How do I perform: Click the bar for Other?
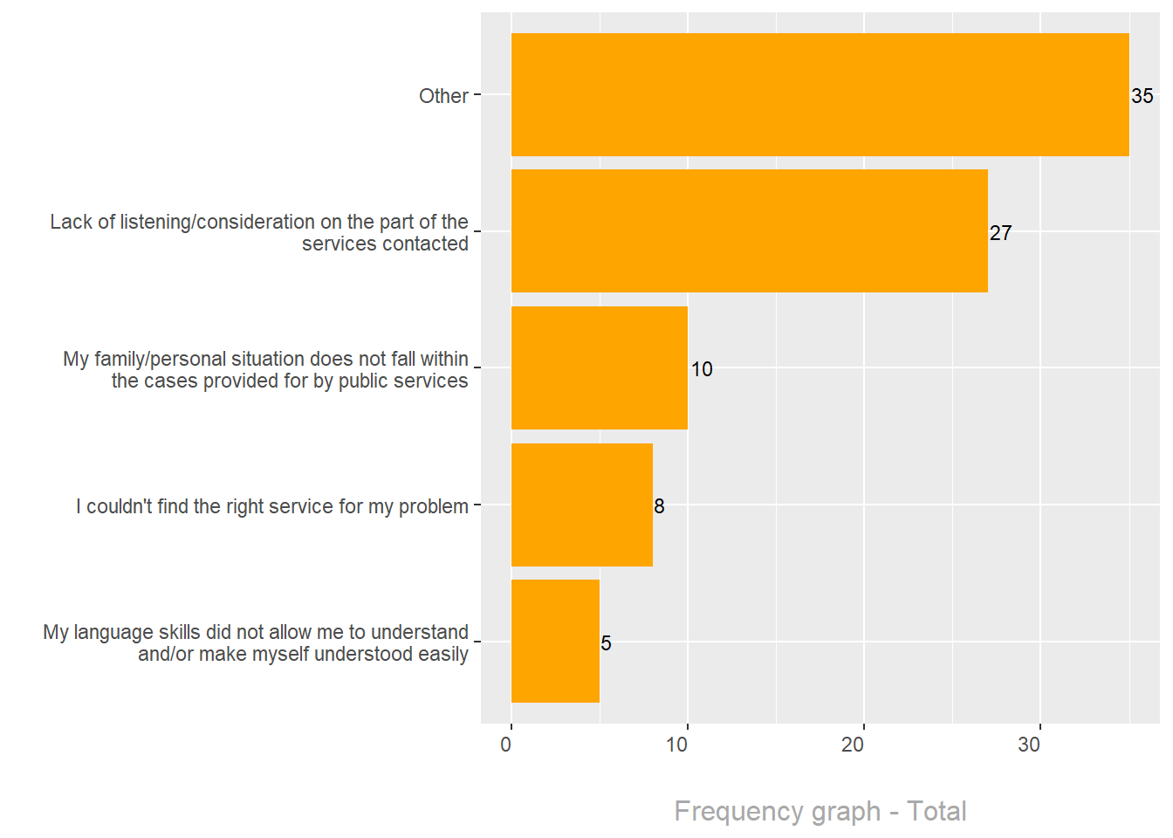click(820, 95)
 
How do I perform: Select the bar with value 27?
click(749, 231)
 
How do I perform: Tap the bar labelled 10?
click(599, 367)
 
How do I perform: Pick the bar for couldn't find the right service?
click(581, 505)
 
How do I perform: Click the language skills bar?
click(555, 642)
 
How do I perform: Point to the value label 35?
click(1142, 96)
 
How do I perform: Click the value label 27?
click(1000, 233)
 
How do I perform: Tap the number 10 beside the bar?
click(702, 369)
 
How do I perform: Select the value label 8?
click(659, 506)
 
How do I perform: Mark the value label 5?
click(606, 643)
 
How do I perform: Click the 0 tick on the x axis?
click(506, 745)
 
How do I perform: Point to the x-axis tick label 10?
click(676, 745)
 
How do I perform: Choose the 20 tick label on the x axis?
click(853, 745)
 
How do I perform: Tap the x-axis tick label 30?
click(1029, 745)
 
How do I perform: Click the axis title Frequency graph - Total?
click(820, 811)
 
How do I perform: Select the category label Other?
click(443, 96)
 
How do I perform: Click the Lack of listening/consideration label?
click(259, 233)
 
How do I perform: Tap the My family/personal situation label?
click(265, 370)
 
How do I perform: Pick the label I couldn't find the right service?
click(272, 506)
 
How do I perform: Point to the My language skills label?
click(256, 643)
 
